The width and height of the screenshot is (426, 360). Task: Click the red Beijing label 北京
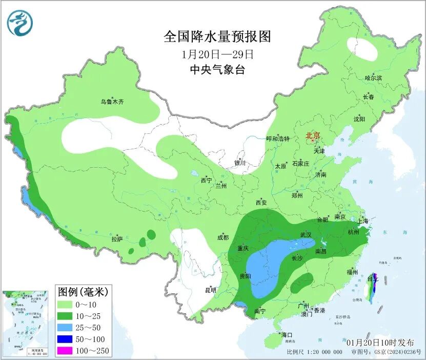313,135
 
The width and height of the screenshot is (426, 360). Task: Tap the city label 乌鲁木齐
112,102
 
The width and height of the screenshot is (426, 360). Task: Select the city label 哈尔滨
373,78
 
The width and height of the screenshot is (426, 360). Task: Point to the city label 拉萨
117,239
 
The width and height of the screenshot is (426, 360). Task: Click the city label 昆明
210,290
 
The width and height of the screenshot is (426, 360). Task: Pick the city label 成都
222,237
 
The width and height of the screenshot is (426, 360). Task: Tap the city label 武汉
306,235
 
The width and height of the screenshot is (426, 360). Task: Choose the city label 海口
286,335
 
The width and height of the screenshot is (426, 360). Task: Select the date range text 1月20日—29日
217,54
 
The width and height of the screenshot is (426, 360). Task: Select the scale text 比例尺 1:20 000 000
314,352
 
